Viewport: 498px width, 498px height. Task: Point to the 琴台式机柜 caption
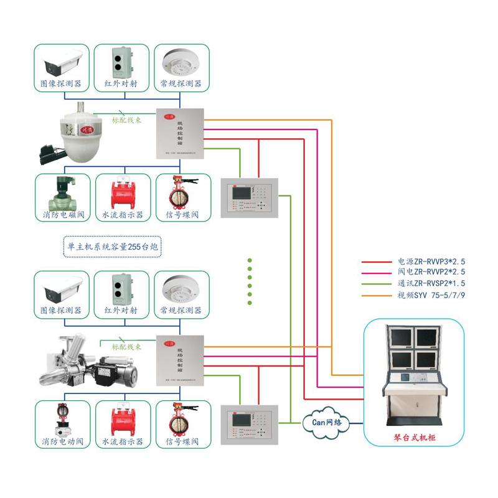point(415,438)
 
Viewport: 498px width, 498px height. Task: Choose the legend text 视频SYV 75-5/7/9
point(431,295)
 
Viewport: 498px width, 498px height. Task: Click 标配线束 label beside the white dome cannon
point(126,120)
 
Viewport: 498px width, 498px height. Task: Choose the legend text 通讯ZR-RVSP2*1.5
point(431,283)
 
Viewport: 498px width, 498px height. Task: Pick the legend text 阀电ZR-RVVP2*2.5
point(431,272)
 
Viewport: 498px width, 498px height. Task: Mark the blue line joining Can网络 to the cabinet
point(356,423)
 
